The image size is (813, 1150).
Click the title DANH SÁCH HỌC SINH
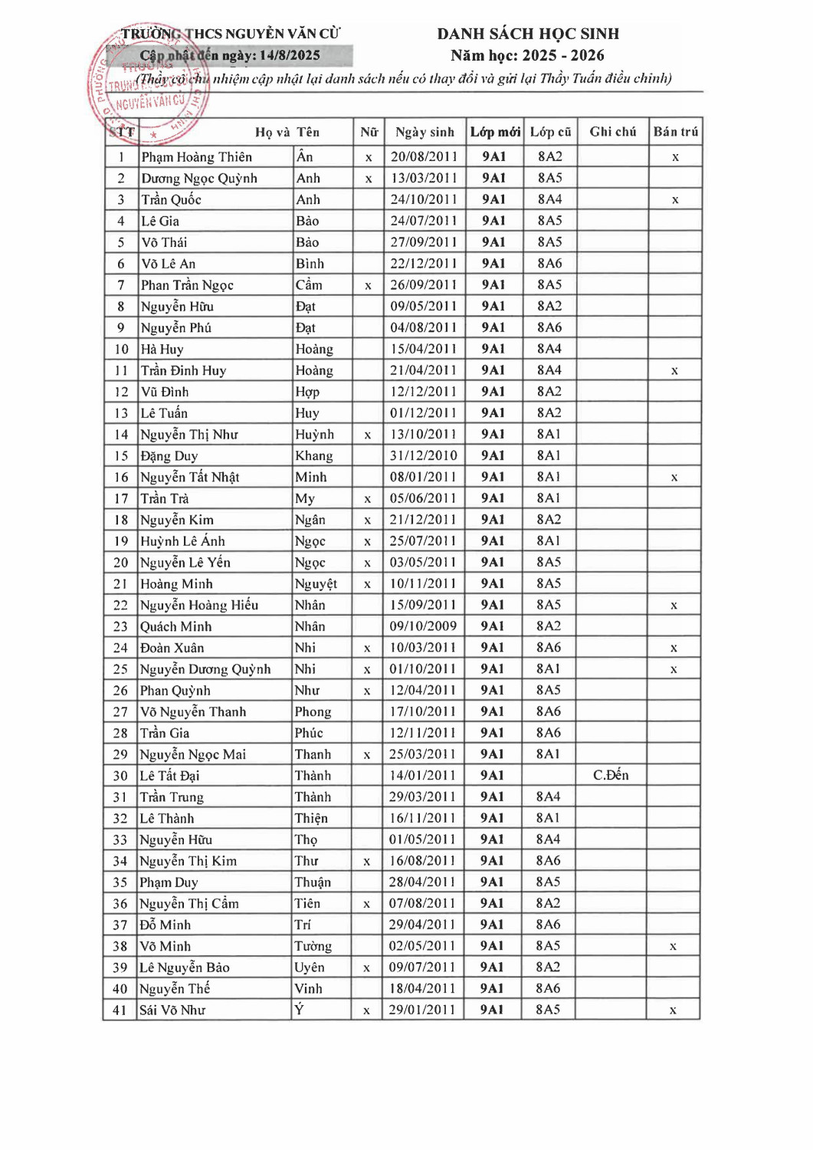528,34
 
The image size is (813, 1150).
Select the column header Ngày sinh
425,132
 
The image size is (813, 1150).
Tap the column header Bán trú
675,132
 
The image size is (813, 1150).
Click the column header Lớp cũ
550,132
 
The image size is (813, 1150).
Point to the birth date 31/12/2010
424,455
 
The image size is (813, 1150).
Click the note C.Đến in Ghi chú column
611,775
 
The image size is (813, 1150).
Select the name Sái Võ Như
172,1010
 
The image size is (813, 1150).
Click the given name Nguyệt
316,584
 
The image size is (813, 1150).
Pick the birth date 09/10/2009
423,626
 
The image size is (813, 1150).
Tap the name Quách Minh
175,626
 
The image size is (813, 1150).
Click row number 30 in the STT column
120,776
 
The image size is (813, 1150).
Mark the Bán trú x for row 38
673,946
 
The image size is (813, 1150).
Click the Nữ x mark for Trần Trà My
368,499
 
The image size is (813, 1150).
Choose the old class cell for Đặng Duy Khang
549,455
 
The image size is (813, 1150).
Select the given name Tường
313,946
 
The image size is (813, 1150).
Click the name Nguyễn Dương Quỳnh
205,669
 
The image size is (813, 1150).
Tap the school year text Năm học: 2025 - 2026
527,55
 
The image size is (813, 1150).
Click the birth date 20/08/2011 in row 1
424,156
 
